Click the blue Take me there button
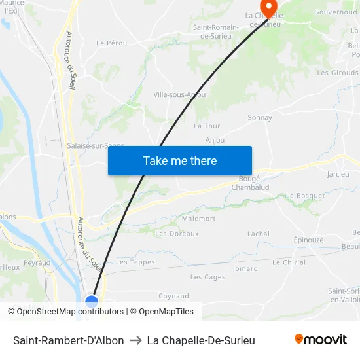180,160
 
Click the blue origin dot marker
92,302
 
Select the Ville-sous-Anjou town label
178,94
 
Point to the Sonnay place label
260,118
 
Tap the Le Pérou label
111,43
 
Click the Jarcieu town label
338,175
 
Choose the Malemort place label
199,219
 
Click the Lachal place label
259,234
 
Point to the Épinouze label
308,240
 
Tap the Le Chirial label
289,262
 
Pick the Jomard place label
245,268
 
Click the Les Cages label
207,277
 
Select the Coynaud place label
173,296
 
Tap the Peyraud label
37,262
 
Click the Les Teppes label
135,262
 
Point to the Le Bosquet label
305,196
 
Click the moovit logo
321,340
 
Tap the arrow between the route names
135,340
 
